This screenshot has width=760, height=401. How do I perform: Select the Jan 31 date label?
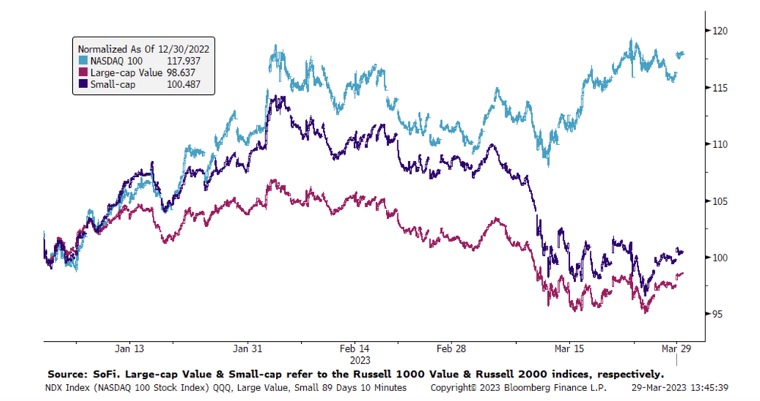pos(249,349)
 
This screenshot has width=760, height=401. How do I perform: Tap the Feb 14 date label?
pos(355,349)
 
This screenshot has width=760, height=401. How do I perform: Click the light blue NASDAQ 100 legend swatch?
pos(81,59)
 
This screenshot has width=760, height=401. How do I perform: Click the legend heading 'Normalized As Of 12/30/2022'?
pos(143,47)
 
